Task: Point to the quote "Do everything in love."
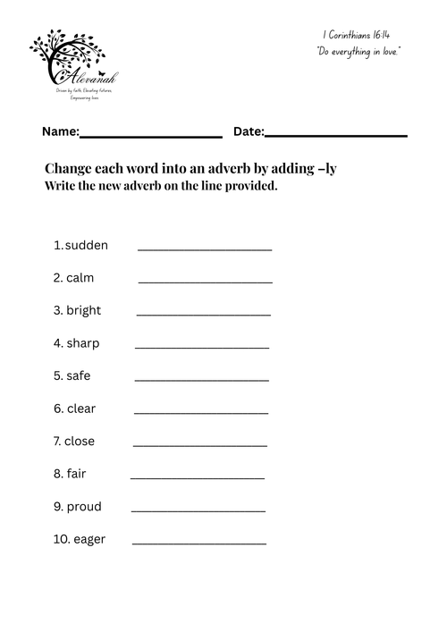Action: click(x=358, y=52)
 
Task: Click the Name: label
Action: click(x=60, y=131)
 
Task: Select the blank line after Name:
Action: click(x=151, y=136)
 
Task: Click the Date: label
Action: click(x=249, y=131)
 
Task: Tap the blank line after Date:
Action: click(x=336, y=136)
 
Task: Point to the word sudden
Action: click(x=87, y=245)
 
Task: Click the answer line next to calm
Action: click(x=206, y=282)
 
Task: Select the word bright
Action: click(x=83, y=310)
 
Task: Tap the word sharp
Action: click(x=82, y=343)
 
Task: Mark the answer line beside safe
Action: click(x=201, y=381)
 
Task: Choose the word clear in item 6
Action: click(x=81, y=409)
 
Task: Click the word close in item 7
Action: click(x=80, y=441)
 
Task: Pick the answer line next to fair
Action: click(x=198, y=479)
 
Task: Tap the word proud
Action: click(x=84, y=507)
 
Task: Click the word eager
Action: click(x=89, y=539)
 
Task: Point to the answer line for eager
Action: click(x=198, y=544)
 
